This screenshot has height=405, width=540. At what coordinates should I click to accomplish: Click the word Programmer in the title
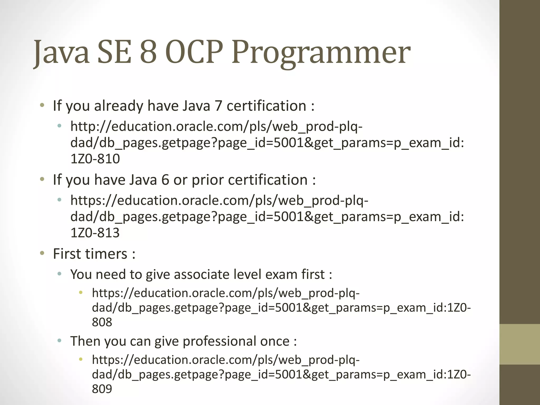pos(321,53)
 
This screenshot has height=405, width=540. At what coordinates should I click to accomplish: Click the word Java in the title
pos(61,53)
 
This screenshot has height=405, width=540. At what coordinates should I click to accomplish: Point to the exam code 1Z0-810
pos(95,159)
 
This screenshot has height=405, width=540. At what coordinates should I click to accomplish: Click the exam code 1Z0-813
pos(95,233)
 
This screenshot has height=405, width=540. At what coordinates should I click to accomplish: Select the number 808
pos(102,322)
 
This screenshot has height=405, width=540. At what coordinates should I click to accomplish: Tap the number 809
pos(102,389)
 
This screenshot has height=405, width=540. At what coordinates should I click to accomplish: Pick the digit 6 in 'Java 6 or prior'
pos(165,180)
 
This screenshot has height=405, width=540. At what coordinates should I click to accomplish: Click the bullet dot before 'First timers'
pos(42,253)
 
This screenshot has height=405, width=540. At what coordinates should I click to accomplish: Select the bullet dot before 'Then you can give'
pos(60,341)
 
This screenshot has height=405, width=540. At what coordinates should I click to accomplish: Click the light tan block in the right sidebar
pos(520,344)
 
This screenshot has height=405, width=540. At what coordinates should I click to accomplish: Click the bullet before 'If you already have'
pos(42,105)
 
